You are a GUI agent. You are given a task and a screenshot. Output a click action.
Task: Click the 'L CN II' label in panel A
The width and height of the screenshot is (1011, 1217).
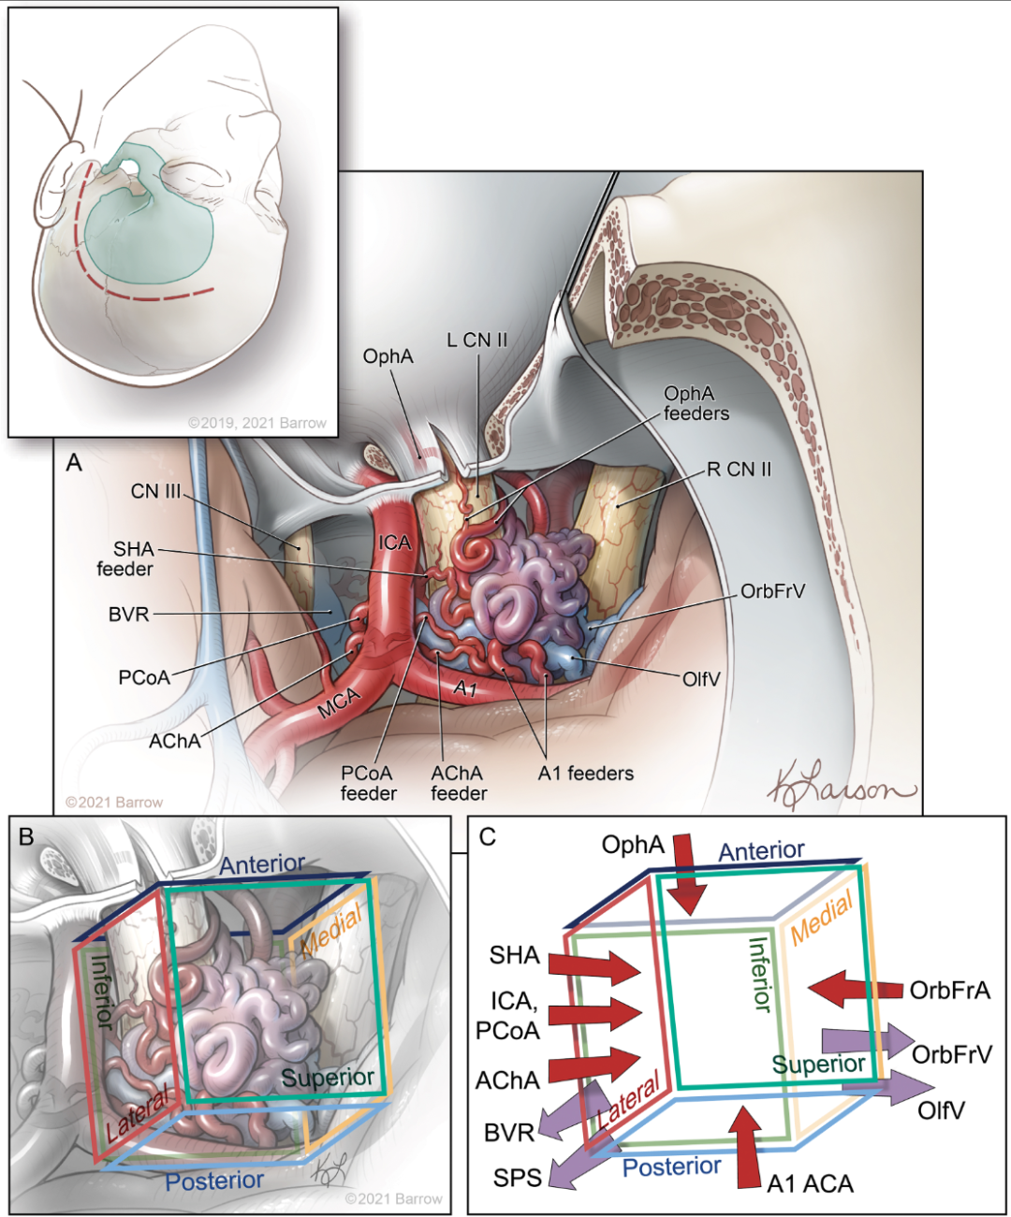coord(477,340)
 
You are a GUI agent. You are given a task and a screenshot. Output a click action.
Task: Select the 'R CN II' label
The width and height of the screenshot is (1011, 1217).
coord(739,469)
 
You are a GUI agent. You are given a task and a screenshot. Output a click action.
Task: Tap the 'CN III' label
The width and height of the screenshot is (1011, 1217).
coord(154,491)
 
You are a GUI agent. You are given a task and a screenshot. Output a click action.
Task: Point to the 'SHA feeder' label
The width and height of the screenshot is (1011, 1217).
coord(126,558)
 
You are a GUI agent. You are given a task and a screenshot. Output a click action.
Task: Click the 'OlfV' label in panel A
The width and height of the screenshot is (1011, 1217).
coord(701,679)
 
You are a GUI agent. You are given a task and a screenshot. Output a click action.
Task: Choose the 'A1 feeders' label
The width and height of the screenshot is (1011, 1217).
coord(585,774)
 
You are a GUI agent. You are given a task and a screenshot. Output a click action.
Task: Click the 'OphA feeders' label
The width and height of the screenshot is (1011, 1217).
coord(696,403)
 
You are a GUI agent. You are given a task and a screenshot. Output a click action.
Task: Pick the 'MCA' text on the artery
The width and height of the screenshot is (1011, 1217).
coord(339,703)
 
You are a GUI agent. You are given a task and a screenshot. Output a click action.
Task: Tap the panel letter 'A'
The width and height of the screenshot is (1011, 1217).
coord(74,463)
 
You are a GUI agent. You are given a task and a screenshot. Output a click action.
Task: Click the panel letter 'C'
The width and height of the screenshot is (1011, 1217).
coord(488,836)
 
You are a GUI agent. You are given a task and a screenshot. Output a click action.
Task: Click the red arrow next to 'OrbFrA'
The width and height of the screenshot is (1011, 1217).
coord(853,989)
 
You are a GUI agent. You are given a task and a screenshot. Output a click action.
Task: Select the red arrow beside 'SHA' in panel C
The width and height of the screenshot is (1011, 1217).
coord(593,967)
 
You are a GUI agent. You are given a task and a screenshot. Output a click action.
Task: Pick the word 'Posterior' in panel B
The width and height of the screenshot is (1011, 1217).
coord(214,1181)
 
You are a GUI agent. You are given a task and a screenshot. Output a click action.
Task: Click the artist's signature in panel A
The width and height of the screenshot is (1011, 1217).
coord(840,788)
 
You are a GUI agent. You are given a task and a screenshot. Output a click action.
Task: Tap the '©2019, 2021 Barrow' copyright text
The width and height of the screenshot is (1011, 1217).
coord(257,423)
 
